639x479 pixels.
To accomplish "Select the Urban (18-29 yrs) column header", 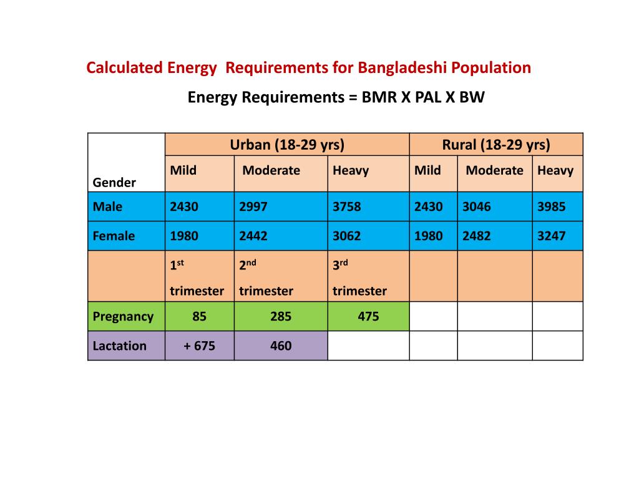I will (287, 145).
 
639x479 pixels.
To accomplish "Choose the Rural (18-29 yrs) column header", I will (496, 145).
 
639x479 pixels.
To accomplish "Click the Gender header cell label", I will (114, 183).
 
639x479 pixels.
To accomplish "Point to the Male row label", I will (107, 206).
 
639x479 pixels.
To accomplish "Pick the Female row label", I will (114, 236).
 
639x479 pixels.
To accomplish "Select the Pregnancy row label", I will (123, 316).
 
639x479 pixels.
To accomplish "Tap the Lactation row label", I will (120, 346).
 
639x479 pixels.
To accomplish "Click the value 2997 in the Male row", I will (253, 206).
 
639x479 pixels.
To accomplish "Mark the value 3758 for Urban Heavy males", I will (346, 206).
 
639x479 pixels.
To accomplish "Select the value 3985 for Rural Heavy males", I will (552, 206).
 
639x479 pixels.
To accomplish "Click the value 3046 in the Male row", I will (477, 206).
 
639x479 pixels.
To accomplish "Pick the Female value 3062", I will (346, 236).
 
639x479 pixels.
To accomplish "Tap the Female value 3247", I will (552, 236).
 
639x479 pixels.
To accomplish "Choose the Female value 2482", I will (477, 236).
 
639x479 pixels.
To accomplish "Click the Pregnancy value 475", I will (368, 316).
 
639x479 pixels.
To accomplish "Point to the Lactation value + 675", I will (200, 346).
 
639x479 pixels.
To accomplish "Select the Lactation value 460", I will (281, 346).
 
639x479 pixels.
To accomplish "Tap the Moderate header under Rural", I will (494, 170).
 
